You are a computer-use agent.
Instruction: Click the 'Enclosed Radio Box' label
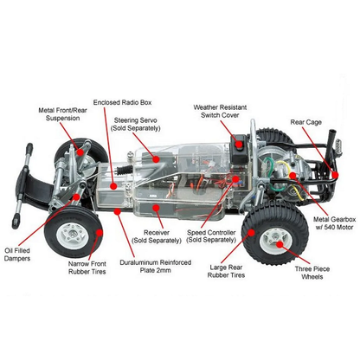tap(122, 102)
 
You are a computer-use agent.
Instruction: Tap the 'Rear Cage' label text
tap(305, 122)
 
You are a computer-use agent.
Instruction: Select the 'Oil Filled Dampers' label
tap(17, 255)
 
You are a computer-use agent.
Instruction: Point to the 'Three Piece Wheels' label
tap(312, 273)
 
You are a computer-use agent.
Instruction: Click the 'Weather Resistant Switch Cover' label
tap(220, 111)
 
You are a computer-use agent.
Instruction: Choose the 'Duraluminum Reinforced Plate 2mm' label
tap(156, 267)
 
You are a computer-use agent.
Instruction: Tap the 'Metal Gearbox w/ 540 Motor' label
tap(334, 223)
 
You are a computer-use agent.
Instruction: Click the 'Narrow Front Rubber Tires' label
tap(87, 268)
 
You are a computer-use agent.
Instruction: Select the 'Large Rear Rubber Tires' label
tap(226, 271)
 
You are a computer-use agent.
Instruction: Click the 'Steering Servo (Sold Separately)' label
tap(135, 124)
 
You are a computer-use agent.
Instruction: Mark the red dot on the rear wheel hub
tap(280, 244)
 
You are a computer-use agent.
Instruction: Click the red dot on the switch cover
tap(239, 145)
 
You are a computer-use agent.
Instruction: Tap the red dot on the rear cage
tap(335, 175)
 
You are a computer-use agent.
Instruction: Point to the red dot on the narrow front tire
tap(100, 233)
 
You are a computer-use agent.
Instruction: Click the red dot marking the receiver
tap(156, 208)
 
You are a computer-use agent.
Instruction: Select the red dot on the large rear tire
tap(251, 233)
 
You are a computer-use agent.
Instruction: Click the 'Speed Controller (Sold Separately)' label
tap(211, 236)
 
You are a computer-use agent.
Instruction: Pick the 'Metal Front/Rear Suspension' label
tap(62, 114)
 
